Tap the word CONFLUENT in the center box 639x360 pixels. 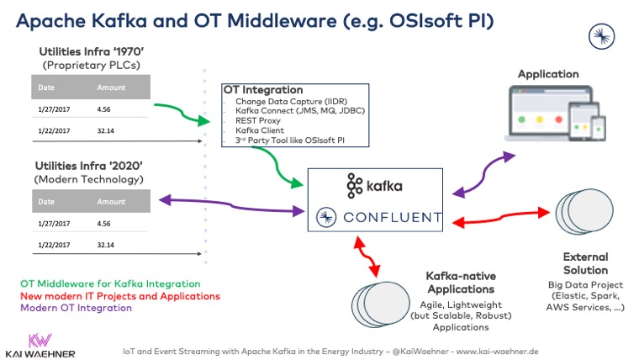(391, 218)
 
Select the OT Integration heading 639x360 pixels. (262, 90)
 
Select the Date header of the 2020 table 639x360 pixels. (46, 202)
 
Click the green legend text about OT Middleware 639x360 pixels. (109, 284)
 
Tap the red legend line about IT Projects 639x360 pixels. (119, 296)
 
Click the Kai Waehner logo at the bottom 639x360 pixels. (40, 343)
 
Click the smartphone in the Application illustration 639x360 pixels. (599, 128)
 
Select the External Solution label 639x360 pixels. (585, 263)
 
